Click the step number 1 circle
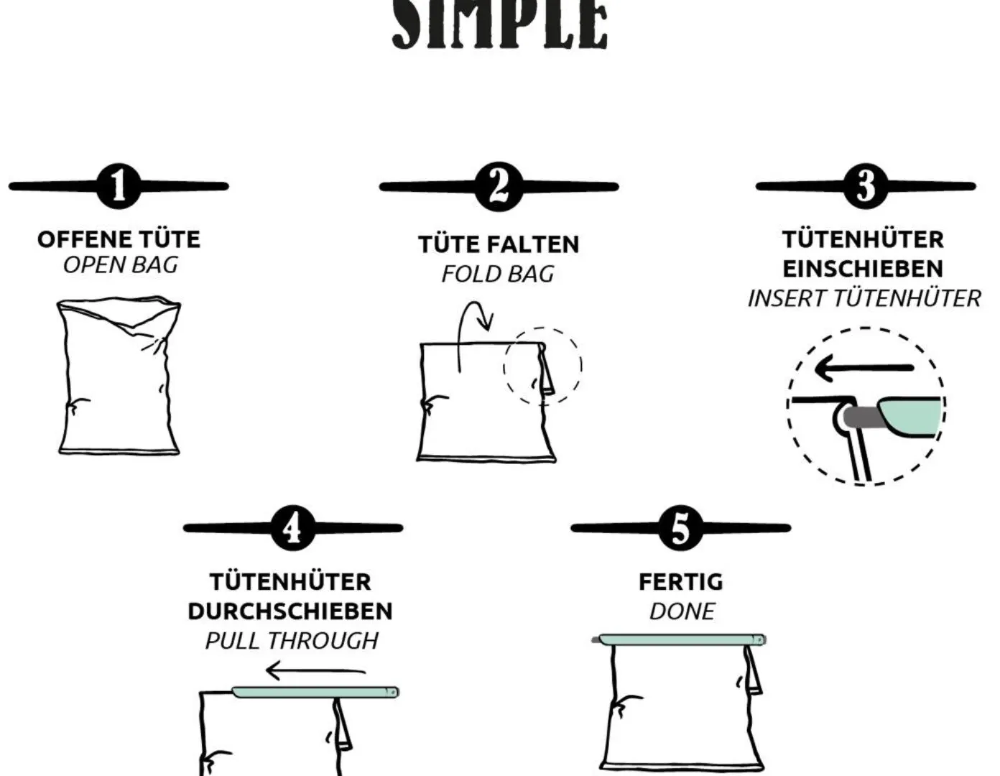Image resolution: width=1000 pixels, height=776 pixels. pos(119,186)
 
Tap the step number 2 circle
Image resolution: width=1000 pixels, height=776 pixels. pos(499,186)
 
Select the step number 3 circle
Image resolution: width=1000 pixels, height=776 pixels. pos(866,186)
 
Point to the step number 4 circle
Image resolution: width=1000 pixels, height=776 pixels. pos(293,527)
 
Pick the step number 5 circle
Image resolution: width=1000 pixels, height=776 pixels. pos(681,527)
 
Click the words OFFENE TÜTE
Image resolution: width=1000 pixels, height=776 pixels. pos(119,239)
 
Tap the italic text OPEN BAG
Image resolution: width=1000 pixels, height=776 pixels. pos(120,265)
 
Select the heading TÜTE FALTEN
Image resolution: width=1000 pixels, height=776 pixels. pos(499,244)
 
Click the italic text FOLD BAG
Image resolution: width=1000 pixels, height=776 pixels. pos(498,274)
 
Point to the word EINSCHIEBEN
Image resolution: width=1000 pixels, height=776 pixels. pos(863,269)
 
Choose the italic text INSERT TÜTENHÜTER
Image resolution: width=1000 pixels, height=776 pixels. pos(864,298)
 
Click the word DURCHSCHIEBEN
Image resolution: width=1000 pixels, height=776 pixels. pos(290,611)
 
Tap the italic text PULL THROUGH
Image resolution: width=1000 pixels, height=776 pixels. pos(292,641)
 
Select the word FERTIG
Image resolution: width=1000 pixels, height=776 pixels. pos(681,582)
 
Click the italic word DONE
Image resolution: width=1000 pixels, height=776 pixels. pos(682,611)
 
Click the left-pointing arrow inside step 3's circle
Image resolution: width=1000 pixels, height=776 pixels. pos(864,368)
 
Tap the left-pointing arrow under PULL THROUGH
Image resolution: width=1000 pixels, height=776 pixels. pos(315,670)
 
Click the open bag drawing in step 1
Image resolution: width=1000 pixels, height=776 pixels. pos(119,375)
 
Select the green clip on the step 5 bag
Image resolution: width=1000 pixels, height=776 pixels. pos(680,639)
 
